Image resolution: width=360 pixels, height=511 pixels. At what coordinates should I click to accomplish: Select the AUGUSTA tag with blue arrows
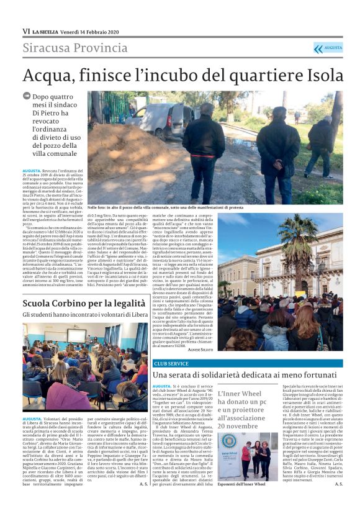click(328, 48)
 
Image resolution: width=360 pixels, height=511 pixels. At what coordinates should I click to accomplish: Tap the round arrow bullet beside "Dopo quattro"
click(26, 96)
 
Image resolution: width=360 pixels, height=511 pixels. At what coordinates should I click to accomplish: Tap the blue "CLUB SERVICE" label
click(171, 363)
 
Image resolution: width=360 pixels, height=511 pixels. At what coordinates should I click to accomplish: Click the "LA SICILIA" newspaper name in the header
click(47, 31)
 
